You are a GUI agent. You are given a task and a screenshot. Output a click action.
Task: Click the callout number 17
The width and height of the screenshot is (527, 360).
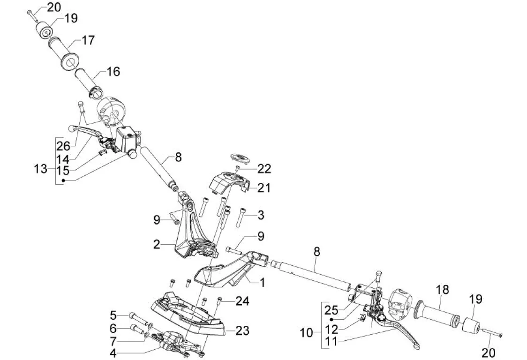(x=88, y=41)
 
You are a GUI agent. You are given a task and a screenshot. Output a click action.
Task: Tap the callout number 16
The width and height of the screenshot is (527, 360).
(x=113, y=72)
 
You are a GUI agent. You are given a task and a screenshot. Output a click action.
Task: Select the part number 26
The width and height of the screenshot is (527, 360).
(x=63, y=146)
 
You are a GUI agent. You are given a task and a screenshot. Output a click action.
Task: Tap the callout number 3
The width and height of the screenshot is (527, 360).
(x=261, y=216)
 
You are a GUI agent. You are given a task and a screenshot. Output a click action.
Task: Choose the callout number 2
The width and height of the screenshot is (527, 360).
(x=157, y=244)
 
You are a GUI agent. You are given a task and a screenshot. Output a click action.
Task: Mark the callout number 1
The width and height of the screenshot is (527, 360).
(x=263, y=282)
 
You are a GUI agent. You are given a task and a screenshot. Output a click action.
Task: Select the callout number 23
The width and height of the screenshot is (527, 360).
(x=242, y=331)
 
